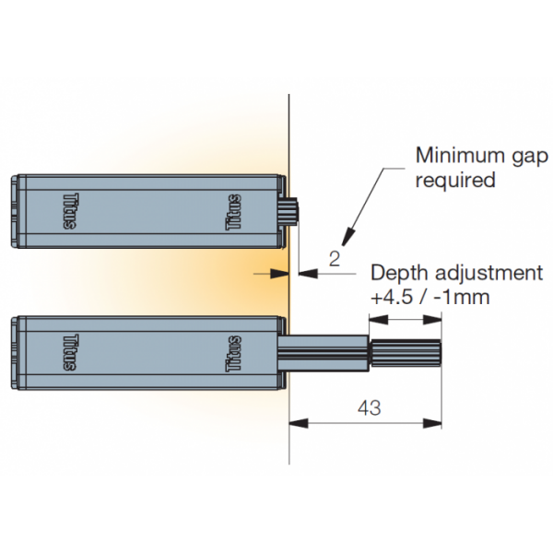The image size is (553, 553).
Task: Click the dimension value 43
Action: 367,407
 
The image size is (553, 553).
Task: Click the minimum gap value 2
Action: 335,259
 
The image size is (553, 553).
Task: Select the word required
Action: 455,179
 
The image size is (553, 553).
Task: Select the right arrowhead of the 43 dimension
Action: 435,424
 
